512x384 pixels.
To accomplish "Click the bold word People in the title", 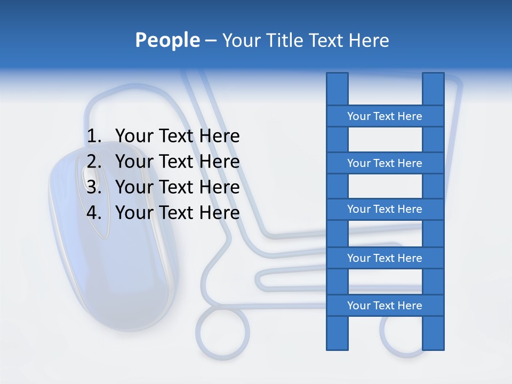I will click(167, 41).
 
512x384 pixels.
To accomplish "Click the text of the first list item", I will click(177, 137).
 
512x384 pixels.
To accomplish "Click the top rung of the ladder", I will click(385, 116).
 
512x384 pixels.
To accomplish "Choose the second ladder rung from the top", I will click(385, 163).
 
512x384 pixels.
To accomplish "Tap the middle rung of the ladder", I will click(385, 209).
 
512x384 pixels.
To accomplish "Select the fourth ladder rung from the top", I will click(385, 258).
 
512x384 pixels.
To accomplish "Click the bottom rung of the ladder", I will click(385, 306).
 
